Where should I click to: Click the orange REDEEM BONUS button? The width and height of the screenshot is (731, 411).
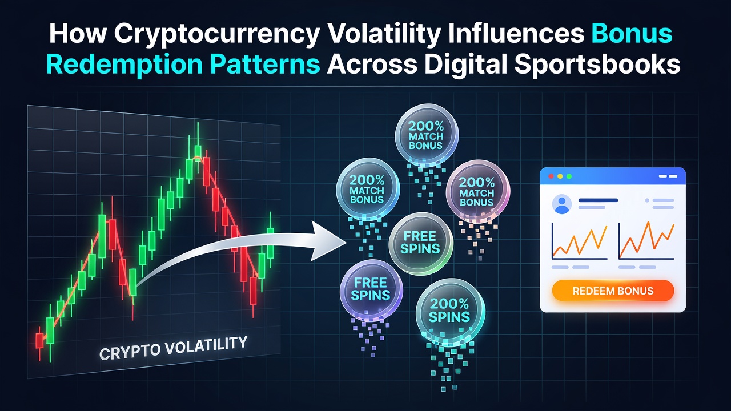pyautogui.click(x=613, y=291)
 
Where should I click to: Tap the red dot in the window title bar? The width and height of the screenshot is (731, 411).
pyautogui.click(x=551, y=176)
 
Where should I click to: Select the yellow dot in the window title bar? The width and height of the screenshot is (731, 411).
pyautogui.click(x=560, y=176)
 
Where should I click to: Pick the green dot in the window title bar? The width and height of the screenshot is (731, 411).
pyautogui.click(x=569, y=176)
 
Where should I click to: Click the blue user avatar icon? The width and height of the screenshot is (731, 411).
pyautogui.click(x=561, y=204)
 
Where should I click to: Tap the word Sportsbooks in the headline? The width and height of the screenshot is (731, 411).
pyautogui.click(x=597, y=65)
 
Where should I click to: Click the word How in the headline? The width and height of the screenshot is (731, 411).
pyautogui.click(x=78, y=34)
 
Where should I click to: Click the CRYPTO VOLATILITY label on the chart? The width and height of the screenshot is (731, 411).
pyautogui.click(x=173, y=348)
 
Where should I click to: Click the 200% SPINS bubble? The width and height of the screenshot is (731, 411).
pyautogui.click(x=450, y=311)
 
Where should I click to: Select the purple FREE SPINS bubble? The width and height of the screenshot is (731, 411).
pyautogui.click(x=371, y=289)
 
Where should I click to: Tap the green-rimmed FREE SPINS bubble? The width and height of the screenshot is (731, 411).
pyautogui.click(x=421, y=243)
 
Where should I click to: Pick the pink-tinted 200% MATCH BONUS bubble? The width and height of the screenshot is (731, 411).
pyautogui.click(x=477, y=191)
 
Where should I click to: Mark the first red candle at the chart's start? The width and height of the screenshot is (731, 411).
pyautogui.click(x=39, y=341)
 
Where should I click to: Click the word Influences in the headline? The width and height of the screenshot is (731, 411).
pyautogui.click(x=516, y=34)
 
